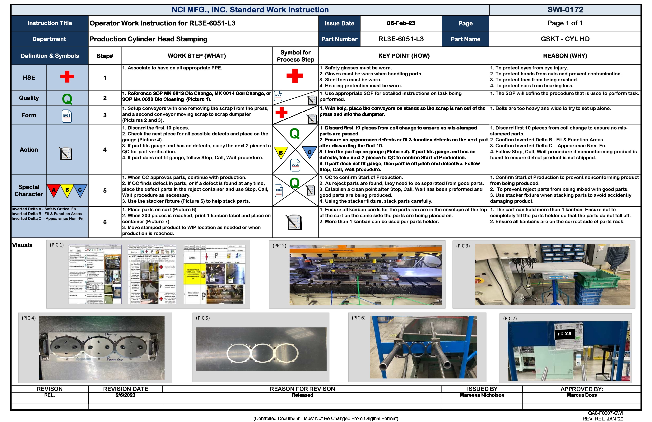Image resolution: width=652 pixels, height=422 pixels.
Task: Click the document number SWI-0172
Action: pos(565,10)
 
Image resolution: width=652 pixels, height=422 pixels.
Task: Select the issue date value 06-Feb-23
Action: pos(401,23)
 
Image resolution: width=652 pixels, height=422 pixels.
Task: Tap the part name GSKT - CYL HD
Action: pos(565,39)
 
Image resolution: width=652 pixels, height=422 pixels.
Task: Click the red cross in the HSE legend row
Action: pos(67,77)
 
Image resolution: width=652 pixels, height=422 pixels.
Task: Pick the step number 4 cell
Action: pos(105,150)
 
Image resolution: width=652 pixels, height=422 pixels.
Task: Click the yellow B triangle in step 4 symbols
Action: pos(281,152)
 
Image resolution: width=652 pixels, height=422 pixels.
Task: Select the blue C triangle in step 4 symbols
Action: pos(310,152)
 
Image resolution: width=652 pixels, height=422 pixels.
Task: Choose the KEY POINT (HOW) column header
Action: pos(404,56)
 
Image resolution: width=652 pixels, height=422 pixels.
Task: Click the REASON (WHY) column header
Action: pos(565,56)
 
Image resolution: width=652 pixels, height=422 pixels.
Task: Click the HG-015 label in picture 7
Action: pos(564,334)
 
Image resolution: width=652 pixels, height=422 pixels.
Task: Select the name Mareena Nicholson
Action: pos(482,395)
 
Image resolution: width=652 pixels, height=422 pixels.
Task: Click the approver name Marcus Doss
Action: pos(582,395)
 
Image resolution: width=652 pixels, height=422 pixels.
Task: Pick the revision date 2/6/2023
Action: pos(125,395)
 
